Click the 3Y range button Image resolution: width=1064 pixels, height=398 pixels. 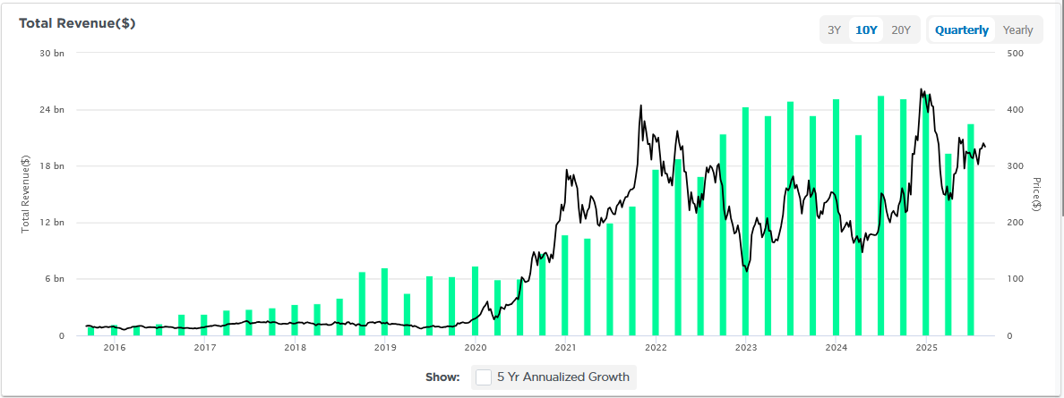(x=834, y=30)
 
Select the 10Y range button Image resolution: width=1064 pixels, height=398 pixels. (x=866, y=30)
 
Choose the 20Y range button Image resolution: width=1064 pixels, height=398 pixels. (x=900, y=30)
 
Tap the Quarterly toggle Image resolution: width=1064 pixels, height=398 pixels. (x=962, y=30)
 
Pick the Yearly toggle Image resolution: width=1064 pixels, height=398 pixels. (x=1017, y=30)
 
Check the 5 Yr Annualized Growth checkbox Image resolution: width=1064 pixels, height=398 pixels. (x=484, y=377)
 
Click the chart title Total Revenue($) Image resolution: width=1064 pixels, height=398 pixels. (x=77, y=23)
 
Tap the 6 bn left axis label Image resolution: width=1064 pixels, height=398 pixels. (x=56, y=279)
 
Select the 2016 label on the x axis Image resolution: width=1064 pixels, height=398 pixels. (x=115, y=348)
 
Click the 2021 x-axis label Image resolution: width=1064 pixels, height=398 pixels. (x=565, y=348)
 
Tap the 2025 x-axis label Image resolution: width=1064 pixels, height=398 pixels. (x=926, y=348)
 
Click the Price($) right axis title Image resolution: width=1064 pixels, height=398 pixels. (x=1036, y=193)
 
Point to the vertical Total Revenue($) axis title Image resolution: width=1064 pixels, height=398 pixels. (x=26, y=193)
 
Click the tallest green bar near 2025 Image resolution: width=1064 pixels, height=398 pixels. (x=926, y=215)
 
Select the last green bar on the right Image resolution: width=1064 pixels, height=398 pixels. (x=971, y=230)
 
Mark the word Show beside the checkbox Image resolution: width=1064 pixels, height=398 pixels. (x=442, y=377)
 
